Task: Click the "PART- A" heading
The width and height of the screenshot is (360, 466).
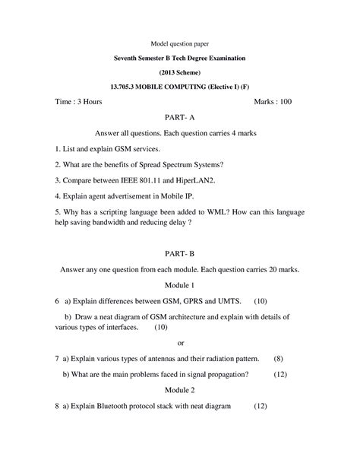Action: (x=180, y=118)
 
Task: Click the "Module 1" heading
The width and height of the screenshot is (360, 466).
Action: (x=180, y=285)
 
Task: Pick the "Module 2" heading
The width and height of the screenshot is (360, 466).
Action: (x=180, y=390)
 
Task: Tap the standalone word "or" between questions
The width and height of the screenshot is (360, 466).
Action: (x=180, y=342)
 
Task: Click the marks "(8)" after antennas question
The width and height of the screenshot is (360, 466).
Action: (x=278, y=357)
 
